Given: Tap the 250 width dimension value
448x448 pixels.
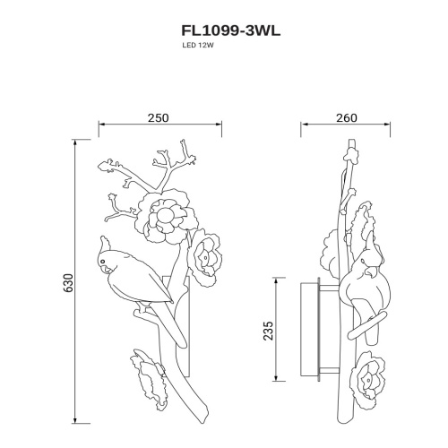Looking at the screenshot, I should pos(157,116).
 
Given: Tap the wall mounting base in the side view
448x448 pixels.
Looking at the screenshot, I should pos(306,329).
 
